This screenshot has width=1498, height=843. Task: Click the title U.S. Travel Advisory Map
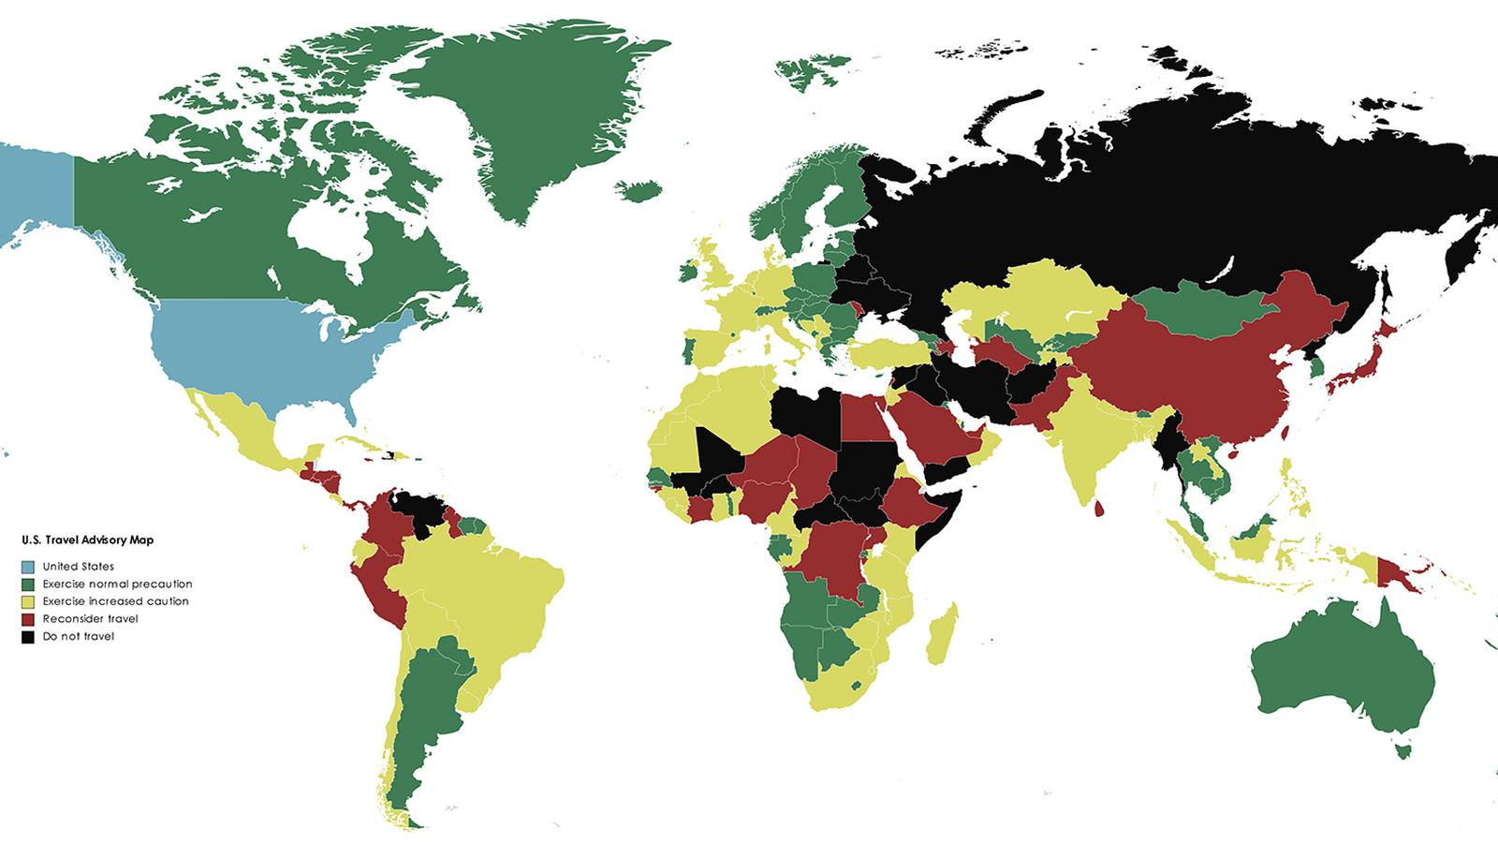click(87, 540)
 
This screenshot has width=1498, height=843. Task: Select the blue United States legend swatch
click(28, 567)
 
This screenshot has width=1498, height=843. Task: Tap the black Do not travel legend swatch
click(28, 637)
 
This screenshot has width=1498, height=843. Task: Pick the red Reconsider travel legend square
click(28, 619)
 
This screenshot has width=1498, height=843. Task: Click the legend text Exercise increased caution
click(115, 601)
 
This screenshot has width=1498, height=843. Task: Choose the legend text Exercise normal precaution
click(117, 584)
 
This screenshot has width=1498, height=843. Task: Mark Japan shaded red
click(1359, 368)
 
